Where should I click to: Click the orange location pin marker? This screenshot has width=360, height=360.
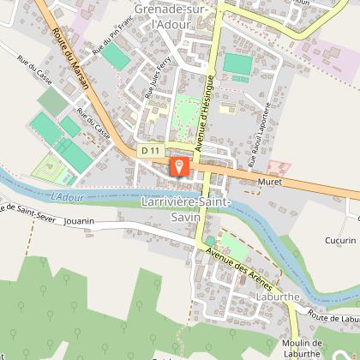178,165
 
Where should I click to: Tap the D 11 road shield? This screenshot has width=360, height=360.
151,150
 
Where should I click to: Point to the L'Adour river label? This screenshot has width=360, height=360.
68,197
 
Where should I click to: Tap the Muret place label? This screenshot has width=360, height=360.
269,183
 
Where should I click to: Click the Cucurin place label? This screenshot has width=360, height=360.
340,241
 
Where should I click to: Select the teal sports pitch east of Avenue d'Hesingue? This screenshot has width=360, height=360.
235,63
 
